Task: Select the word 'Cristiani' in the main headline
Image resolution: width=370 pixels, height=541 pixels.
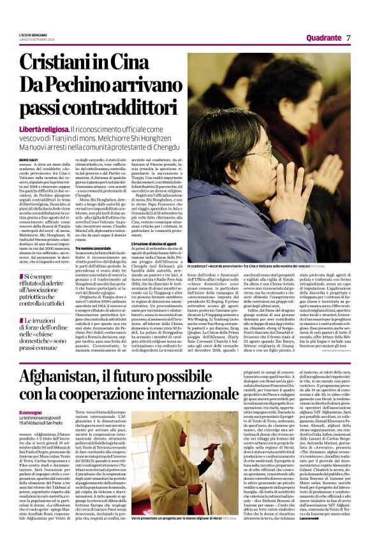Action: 58,63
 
